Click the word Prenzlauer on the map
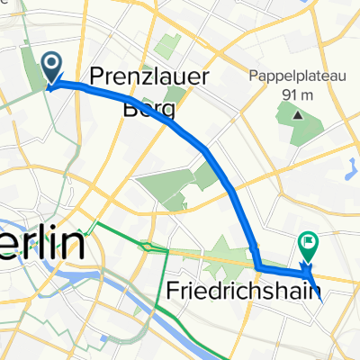click(150, 77)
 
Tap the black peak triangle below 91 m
click(295, 113)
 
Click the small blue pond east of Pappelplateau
click(352, 165)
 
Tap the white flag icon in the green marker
click(308, 241)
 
